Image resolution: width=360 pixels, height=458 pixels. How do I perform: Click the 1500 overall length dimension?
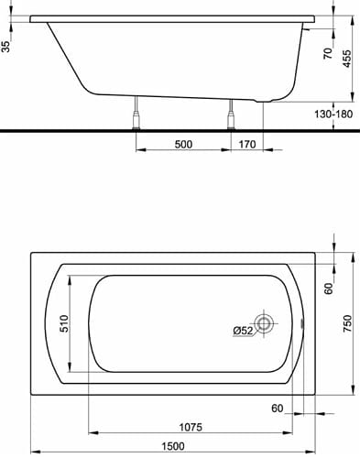click(173, 446)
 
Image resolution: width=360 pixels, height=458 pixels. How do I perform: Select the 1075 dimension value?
click(191, 427)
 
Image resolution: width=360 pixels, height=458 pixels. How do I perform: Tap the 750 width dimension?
click(347, 323)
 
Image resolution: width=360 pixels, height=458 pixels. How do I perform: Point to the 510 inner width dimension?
click(64, 323)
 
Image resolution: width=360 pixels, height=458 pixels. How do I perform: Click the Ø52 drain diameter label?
click(243, 331)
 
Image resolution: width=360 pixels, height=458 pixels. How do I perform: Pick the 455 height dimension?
click(346, 59)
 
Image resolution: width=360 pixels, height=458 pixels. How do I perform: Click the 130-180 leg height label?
click(333, 114)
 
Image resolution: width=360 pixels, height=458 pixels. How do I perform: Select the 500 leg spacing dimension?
click(183, 144)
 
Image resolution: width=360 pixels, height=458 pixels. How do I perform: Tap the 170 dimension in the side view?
click(247, 144)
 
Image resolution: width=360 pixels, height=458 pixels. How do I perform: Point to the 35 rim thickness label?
click(5, 47)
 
